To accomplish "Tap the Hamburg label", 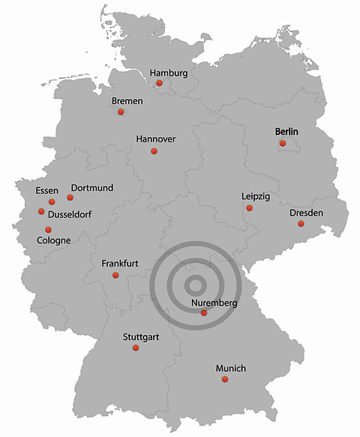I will (x=168, y=73).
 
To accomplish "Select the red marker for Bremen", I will (x=121, y=112).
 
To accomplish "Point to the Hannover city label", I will (x=156, y=139).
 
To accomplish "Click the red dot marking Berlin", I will (x=283, y=142).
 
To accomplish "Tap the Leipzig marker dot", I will (x=250, y=208).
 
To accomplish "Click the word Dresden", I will (x=306, y=214).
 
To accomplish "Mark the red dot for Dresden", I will (x=301, y=223).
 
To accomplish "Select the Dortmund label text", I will (x=91, y=187).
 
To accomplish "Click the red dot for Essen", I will (x=52, y=202).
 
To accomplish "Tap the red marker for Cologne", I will (x=49, y=229).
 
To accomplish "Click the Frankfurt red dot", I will (x=115, y=275).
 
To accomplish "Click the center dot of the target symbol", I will (x=194, y=284).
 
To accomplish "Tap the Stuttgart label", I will (x=140, y=337).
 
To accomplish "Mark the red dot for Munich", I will (x=224, y=380).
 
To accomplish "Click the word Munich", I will (x=230, y=369).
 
